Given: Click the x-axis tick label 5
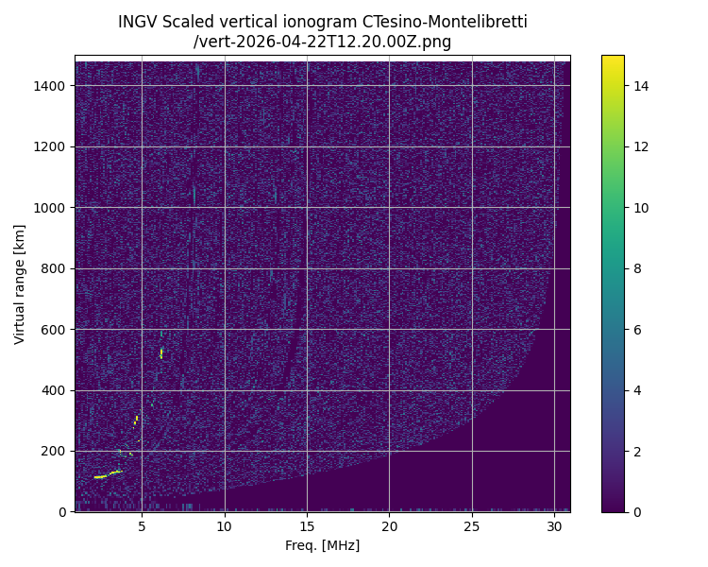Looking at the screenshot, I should coord(142,526).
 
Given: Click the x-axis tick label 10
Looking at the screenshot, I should coord(224,526).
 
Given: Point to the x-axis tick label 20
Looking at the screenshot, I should coord(389,526).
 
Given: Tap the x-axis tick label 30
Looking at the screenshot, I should coord(554,526).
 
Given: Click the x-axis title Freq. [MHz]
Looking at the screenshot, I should coord(322,545).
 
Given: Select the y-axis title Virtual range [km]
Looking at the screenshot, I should coord(20,283).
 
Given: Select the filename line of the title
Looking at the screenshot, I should coord(322,42).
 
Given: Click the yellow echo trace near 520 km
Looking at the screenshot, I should coord(161,353).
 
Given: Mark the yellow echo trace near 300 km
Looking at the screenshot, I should coord(136,420).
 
